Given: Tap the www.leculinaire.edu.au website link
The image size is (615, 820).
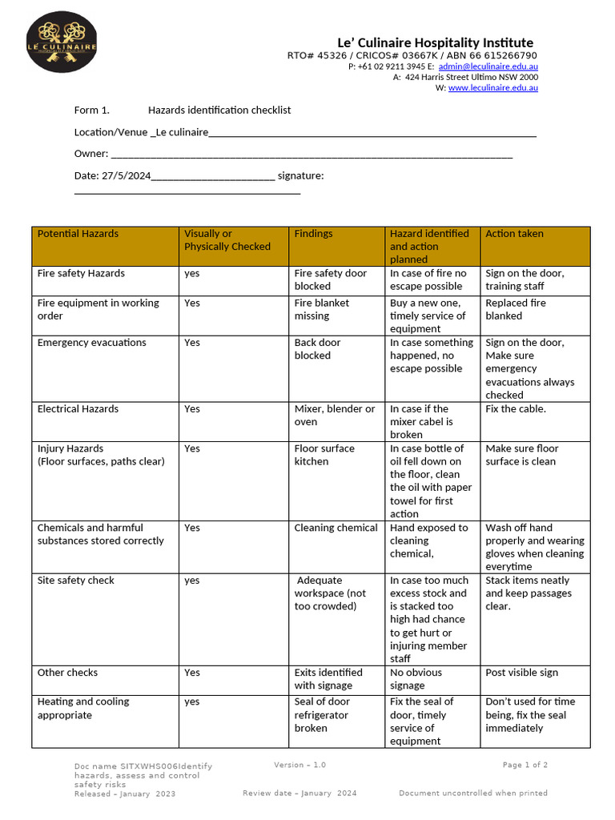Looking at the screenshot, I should coord(492,88).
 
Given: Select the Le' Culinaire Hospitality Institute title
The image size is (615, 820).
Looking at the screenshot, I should coord(434,42).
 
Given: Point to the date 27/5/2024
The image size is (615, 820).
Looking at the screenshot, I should coord(126,175).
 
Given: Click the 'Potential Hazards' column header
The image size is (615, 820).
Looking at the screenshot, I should coord(78,234).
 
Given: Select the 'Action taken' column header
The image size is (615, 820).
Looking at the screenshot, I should coord(514,234).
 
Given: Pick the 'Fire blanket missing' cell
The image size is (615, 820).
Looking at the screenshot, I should coord(321,309).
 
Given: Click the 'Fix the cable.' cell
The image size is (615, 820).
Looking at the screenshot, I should coord(516,408).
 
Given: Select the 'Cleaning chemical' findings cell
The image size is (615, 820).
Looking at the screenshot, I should coord(336,528).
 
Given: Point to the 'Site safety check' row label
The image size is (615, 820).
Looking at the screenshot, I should coord(76,580).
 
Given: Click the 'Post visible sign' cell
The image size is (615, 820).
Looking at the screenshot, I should coord(521,673).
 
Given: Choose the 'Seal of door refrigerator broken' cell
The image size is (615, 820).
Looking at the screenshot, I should coord(322,714).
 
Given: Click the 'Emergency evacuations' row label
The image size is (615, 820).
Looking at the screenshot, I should coord(91,342).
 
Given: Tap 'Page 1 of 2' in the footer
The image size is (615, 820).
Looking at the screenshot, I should coord(525,765).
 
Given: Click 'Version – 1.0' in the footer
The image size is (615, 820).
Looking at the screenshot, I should coord(299,765).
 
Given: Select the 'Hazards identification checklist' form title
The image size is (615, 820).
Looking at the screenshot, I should coord(219,110).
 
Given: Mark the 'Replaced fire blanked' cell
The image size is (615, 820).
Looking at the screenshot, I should coord(516,309).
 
